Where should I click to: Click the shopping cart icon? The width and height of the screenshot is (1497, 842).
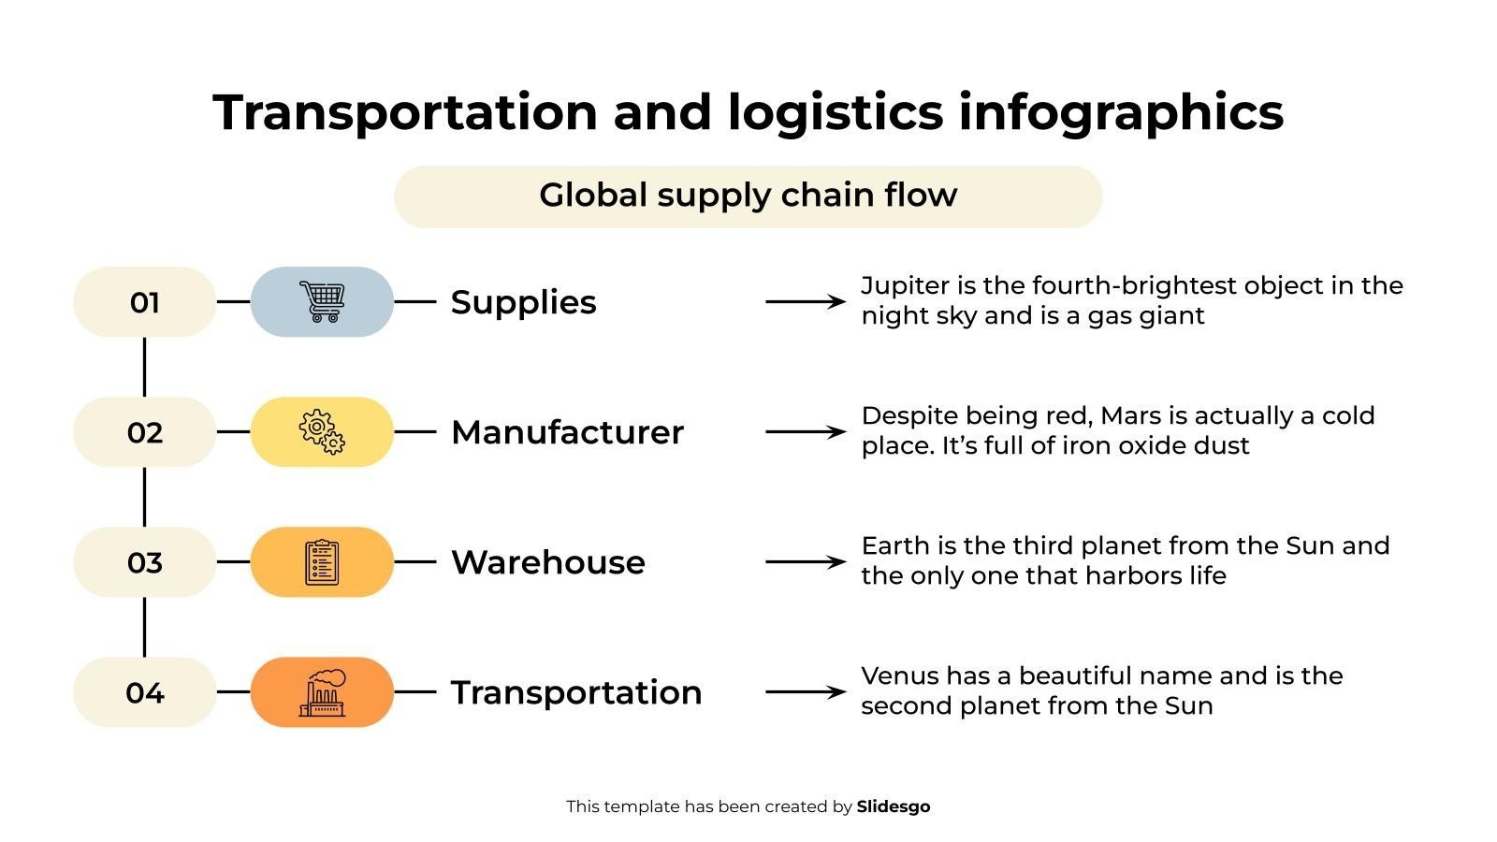click(x=322, y=301)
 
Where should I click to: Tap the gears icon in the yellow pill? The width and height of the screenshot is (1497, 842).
click(x=322, y=431)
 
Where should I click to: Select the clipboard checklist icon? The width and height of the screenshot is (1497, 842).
click(x=322, y=562)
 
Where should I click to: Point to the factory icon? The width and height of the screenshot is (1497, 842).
click(x=322, y=692)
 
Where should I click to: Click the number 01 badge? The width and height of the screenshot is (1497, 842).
click(x=144, y=302)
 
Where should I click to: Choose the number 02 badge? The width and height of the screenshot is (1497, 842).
click(x=144, y=432)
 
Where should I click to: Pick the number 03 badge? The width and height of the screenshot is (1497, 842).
click(x=144, y=562)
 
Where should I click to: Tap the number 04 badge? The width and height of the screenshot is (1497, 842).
click(x=144, y=692)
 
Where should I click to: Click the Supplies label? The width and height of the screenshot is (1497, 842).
click(x=523, y=303)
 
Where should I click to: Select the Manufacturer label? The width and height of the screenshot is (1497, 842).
click(x=567, y=432)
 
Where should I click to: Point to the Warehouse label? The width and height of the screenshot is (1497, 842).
click(x=548, y=562)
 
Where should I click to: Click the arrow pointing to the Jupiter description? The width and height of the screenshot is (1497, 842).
click(x=806, y=302)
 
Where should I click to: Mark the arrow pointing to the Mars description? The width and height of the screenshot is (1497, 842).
click(x=806, y=431)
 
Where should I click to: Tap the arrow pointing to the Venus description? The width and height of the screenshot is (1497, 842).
click(x=806, y=692)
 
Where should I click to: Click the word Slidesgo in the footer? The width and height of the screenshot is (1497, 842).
click(x=893, y=806)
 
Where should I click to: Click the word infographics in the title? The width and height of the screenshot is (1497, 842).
click(x=1121, y=112)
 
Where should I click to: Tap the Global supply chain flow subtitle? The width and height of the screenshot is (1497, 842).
click(x=748, y=196)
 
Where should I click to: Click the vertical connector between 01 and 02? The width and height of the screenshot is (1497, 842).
click(x=144, y=367)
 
